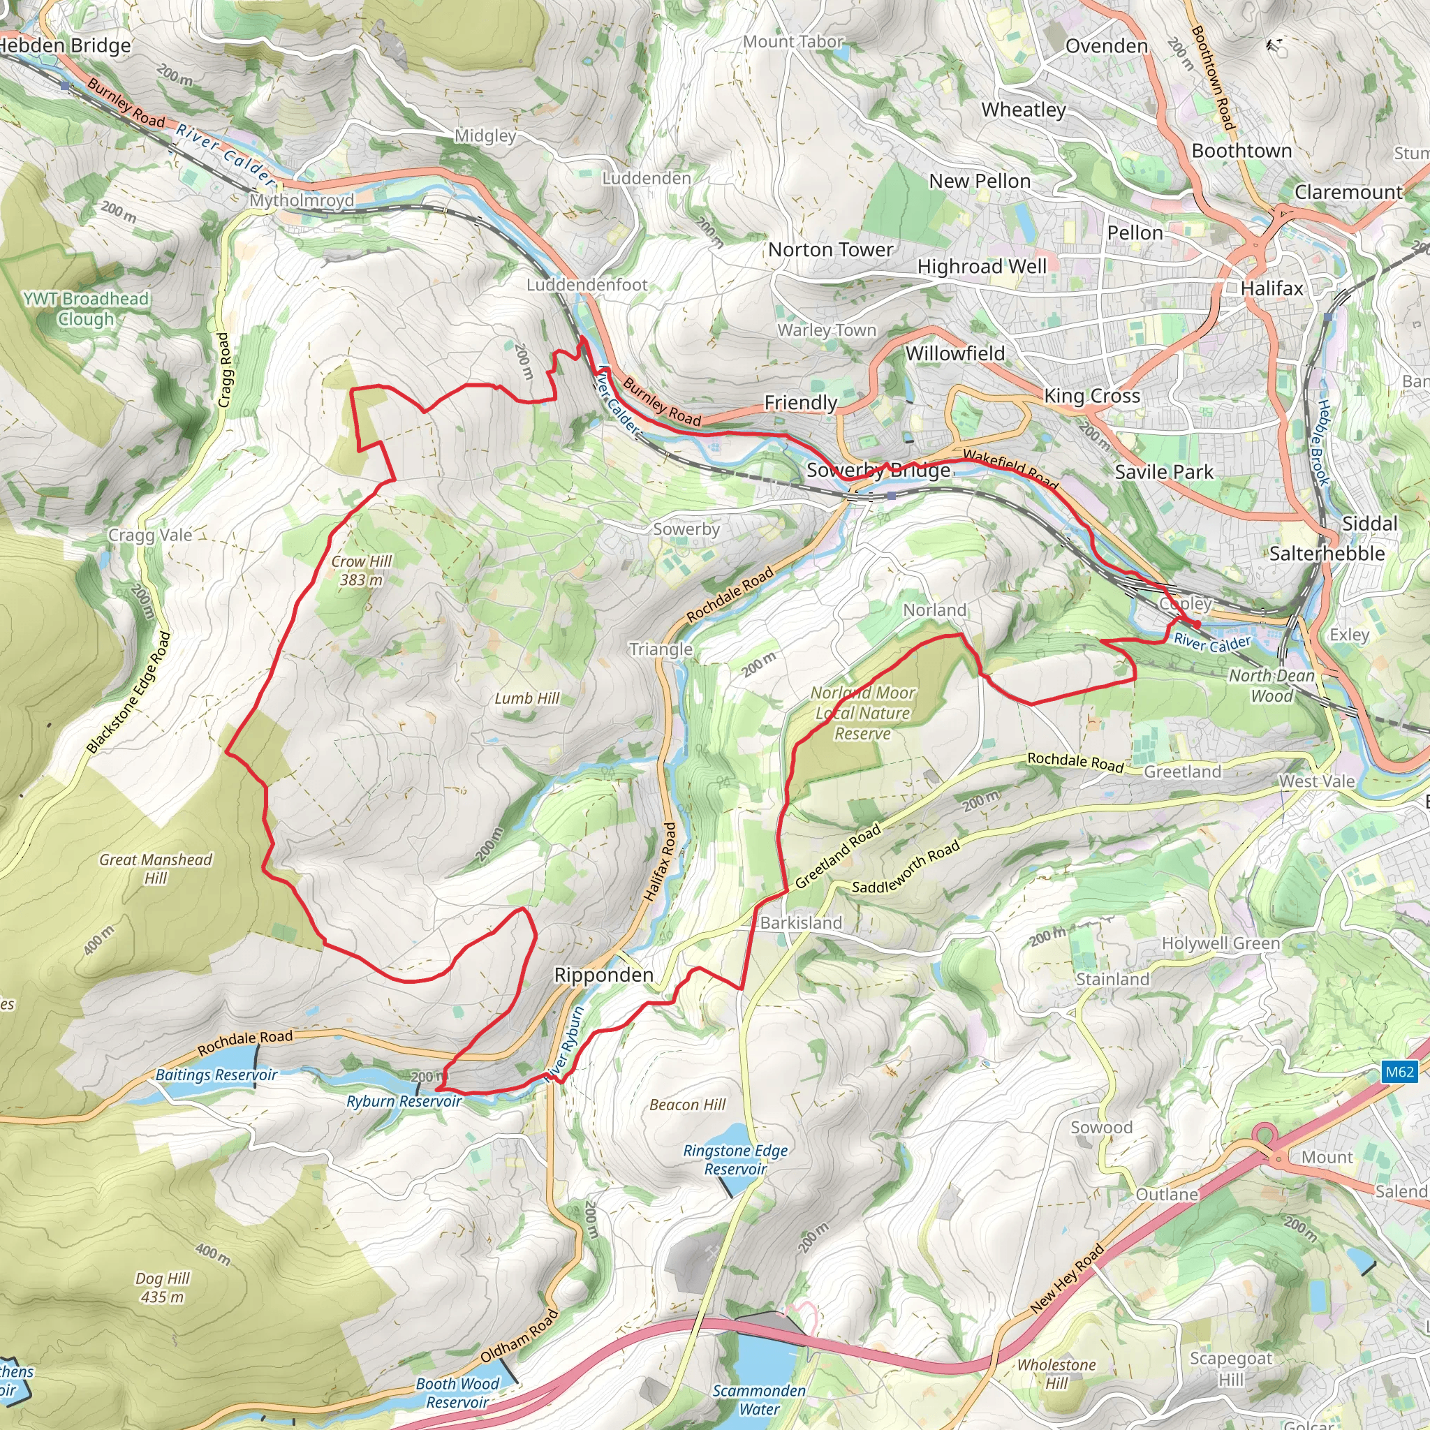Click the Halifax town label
click(x=1271, y=288)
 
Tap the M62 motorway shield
click(x=1400, y=1072)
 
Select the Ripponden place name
click(x=603, y=975)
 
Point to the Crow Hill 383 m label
click(x=361, y=570)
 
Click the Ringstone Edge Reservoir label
click(x=735, y=1160)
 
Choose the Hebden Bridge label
click(x=65, y=46)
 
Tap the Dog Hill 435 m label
click(x=162, y=1288)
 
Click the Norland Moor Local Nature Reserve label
click(x=862, y=713)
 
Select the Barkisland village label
click(x=801, y=923)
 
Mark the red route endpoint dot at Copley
click(x=1197, y=625)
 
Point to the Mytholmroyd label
click(x=301, y=200)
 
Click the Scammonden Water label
click(x=759, y=1400)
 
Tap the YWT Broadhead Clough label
click(x=86, y=309)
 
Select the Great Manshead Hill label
click(x=156, y=869)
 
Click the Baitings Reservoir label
click(x=216, y=1075)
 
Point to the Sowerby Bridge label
click(x=878, y=470)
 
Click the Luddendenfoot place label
click(x=587, y=285)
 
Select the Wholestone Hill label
click(x=1056, y=1373)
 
